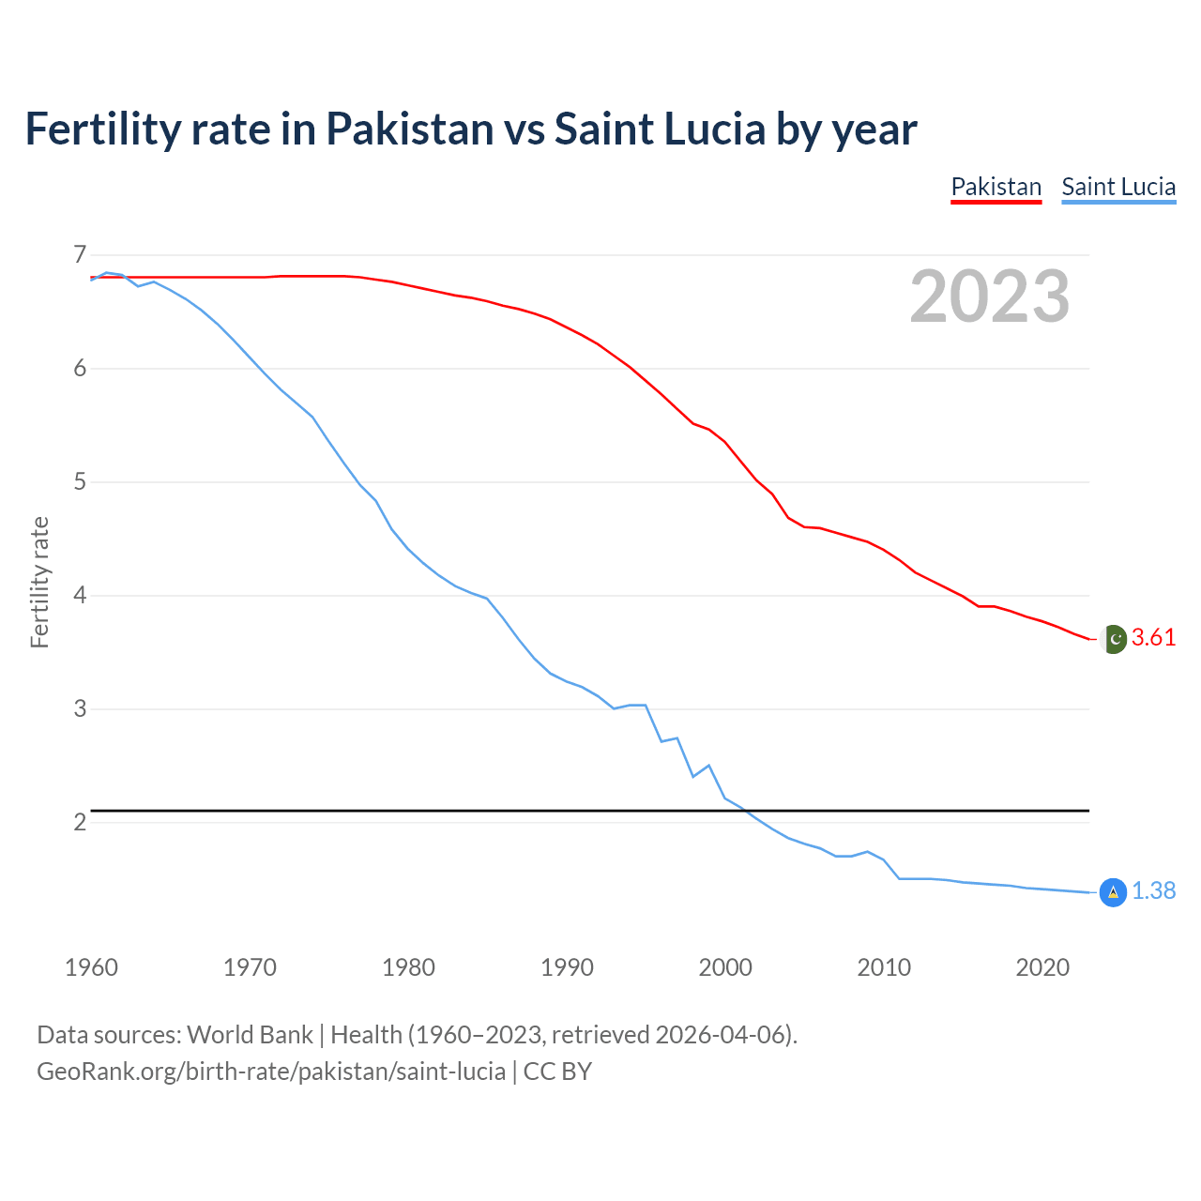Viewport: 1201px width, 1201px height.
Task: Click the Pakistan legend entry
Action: point(996,187)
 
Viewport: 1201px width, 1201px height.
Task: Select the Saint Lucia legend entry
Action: point(1118,187)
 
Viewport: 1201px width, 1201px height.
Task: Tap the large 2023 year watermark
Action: point(989,296)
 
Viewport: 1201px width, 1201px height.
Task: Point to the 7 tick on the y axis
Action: point(79,254)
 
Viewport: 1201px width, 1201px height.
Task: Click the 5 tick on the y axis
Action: point(79,482)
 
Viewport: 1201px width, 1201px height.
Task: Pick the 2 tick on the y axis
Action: point(79,823)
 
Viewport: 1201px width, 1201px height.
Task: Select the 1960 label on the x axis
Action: point(91,967)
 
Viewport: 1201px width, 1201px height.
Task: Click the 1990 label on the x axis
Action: point(567,967)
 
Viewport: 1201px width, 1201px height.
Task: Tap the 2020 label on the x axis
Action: point(1042,967)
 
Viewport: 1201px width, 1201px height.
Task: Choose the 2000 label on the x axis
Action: point(725,967)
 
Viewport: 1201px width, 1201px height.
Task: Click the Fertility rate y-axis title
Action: point(39,582)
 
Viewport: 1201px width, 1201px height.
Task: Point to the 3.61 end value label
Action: point(1153,638)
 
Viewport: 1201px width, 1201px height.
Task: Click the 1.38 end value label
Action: point(1153,891)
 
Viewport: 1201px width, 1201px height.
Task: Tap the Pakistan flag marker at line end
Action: point(1113,639)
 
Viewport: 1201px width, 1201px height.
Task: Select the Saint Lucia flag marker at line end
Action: point(1113,892)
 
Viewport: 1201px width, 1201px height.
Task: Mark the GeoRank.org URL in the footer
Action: point(271,1072)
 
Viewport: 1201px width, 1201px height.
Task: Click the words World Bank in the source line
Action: point(250,1035)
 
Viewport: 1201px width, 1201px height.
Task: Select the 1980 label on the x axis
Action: point(408,967)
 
